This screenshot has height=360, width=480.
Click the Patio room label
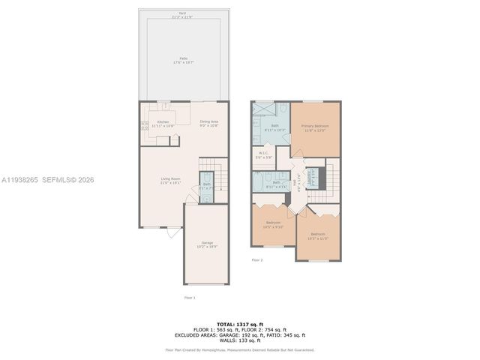coord(183,60)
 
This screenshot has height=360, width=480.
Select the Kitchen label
coord(163,124)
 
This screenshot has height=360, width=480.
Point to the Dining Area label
coord(208,124)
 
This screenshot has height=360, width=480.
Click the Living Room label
coord(170,181)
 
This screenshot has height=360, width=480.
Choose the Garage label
coord(207,244)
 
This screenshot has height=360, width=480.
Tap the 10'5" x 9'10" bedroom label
coord(273,224)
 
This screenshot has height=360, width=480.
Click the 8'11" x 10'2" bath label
coord(275,127)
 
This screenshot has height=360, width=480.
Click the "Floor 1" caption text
coord(190,298)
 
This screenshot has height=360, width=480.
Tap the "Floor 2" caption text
coord(256,260)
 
